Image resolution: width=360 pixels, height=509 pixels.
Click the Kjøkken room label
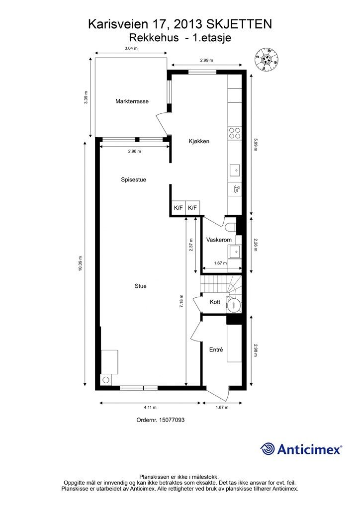click(x=199, y=141)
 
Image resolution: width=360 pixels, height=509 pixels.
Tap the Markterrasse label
click(x=132, y=101)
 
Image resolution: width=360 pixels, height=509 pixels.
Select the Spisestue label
click(x=133, y=179)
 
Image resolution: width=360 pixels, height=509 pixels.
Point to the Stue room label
click(x=141, y=286)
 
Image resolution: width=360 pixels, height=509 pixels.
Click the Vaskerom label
click(x=219, y=240)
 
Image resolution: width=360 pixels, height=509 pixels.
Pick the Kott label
click(x=215, y=302)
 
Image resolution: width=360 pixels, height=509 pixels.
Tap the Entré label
click(x=216, y=350)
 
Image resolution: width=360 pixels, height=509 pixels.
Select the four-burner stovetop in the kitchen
click(x=235, y=133)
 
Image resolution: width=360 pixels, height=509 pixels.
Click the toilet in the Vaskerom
click(x=232, y=227)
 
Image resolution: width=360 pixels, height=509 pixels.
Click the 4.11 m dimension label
click(x=150, y=408)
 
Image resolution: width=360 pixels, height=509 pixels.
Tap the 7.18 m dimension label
click(x=181, y=301)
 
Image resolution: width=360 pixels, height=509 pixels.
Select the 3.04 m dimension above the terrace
click(x=131, y=48)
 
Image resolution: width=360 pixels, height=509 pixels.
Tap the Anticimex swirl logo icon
click(x=267, y=449)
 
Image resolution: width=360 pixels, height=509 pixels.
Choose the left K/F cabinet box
click(x=178, y=208)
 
